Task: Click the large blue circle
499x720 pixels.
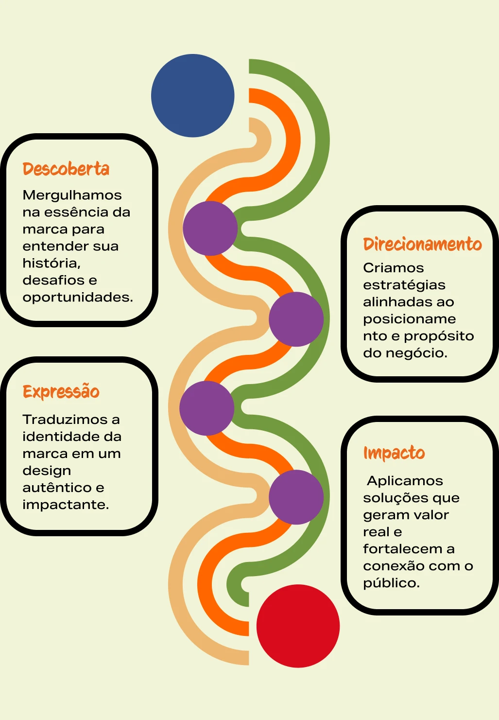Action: pos(193,95)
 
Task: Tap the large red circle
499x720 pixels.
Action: pos(298,626)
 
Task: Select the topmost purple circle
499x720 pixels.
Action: pos(210,228)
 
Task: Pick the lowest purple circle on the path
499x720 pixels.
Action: pos(296,497)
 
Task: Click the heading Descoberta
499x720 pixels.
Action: pos(66,169)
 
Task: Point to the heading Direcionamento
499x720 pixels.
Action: pos(422,244)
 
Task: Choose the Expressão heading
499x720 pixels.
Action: pos(61,391)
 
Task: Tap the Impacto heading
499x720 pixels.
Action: pos(394,453)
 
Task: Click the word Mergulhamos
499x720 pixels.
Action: pos(72,195)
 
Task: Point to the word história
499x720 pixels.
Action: pos(52,263)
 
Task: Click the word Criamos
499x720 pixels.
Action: pos(394,268)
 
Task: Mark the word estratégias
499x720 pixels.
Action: pos(404,285)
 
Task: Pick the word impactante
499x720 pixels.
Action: pos(66,505)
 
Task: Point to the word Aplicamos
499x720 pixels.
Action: pos(405,481)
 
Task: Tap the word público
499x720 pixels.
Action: pos(391,583)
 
